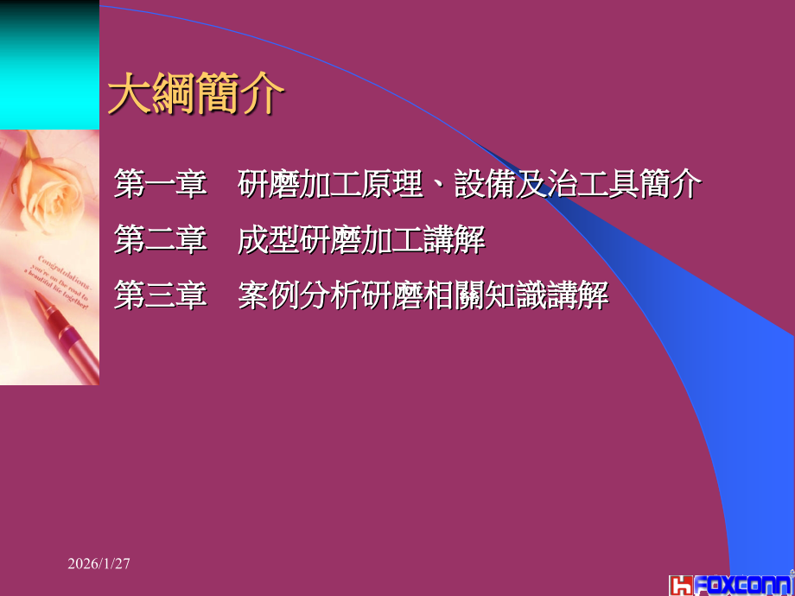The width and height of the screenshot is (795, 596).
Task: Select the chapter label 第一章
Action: click(x=161, y=185)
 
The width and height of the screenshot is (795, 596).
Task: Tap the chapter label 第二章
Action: click(x=161, y=241)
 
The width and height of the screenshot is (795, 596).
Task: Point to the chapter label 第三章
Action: click(x=161, y=296)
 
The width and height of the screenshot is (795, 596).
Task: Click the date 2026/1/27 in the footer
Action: click(x=99, y=563)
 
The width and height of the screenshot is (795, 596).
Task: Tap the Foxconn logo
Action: click(x=731, y=584)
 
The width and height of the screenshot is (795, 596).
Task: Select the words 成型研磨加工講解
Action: click(x=361, y=241)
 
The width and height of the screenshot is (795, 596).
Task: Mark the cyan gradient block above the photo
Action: click(x=49, y=65)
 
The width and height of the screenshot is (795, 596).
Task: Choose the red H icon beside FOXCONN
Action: click(x=680, y=585)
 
